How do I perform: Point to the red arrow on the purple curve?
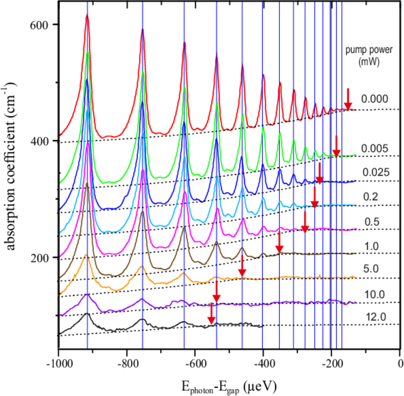point(216,292)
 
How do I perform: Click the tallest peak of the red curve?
point(87,15)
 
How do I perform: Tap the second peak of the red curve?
point(142,30)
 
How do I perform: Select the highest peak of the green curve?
point(88,51)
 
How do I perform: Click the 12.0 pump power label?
point(376,317)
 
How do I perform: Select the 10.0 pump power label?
point(374,295)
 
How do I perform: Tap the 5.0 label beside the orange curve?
point(371,268)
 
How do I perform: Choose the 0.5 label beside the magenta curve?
point(372,222)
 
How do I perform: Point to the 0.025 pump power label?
point(376,172)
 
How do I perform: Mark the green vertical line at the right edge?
point(399,168)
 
